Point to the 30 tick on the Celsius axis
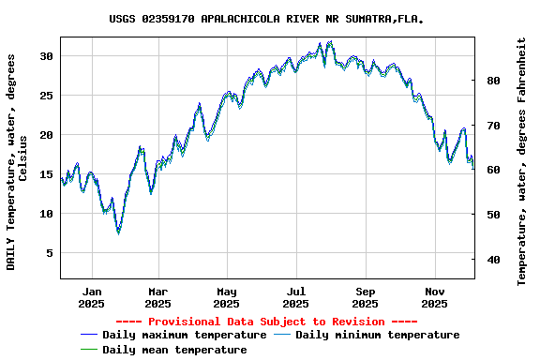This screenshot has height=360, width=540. point(46,56)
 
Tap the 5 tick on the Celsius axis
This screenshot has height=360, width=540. point(49,253)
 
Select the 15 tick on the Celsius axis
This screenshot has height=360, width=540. point(46,174)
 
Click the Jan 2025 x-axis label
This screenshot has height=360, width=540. point(92,297)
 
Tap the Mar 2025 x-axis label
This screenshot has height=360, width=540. point(158,297)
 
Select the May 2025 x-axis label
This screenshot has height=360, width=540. point(226,297)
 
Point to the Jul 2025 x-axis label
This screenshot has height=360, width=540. point(295,297)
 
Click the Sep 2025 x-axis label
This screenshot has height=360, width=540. point(365,297)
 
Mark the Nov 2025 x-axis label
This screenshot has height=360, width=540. point(434,297)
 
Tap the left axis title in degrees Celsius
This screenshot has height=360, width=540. point(17,161)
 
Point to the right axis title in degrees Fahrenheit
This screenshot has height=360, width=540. point(522,161)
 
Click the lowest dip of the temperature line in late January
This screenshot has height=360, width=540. point(118,232)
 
